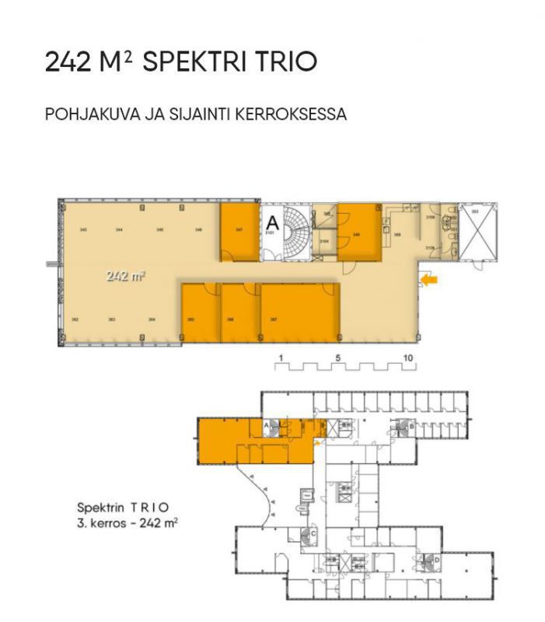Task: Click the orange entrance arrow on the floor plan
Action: point(428,278)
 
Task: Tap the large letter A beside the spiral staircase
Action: point(272,219)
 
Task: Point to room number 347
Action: point(239,230)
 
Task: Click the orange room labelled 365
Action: point(201,313)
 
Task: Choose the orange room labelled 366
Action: point(240,313)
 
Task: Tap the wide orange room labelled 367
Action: point(300,313)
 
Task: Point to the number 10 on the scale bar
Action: point(408,358)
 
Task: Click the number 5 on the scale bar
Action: point(338,358)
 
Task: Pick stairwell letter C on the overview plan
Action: point(312,534)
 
